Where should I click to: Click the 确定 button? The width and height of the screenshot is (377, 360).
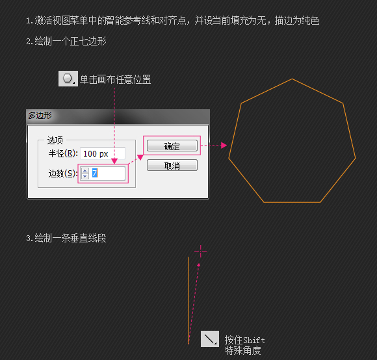(x=172, y=146)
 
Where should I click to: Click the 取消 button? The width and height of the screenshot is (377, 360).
(x=172, y=165)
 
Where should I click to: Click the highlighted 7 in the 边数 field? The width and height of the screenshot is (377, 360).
(x=95, y=173)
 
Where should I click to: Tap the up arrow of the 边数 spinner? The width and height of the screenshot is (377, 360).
(x=85, y=171)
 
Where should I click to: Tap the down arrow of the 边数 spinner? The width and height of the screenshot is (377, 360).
(x=85, y=176)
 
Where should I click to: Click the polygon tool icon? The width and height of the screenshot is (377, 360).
(x=68, y=79)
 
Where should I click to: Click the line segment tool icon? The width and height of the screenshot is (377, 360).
(x=210, y=339)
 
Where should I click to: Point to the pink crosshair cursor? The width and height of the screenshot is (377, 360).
(x=200, y=251)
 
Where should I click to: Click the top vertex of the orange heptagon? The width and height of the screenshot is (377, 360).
(x=292, y=79)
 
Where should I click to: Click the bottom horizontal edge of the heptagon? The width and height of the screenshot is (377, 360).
(x=292, y=202)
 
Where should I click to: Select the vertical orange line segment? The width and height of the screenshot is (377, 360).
(x=188, y=300)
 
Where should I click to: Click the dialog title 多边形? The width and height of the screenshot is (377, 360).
(x=40, y=116)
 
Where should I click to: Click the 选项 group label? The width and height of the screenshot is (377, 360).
(x=55, y=140)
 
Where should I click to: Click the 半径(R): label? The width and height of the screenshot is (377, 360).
(x=63, y=153)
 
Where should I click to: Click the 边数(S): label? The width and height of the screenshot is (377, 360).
(x=63, y=174)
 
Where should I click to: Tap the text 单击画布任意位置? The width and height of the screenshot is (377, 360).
(x=116, y=79)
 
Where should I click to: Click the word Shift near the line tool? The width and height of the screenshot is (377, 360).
(x=254, y=341)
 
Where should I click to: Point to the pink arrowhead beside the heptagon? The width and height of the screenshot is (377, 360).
(x=224, y=145)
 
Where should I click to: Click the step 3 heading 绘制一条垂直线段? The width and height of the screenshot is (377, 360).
(x=70, y=238)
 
